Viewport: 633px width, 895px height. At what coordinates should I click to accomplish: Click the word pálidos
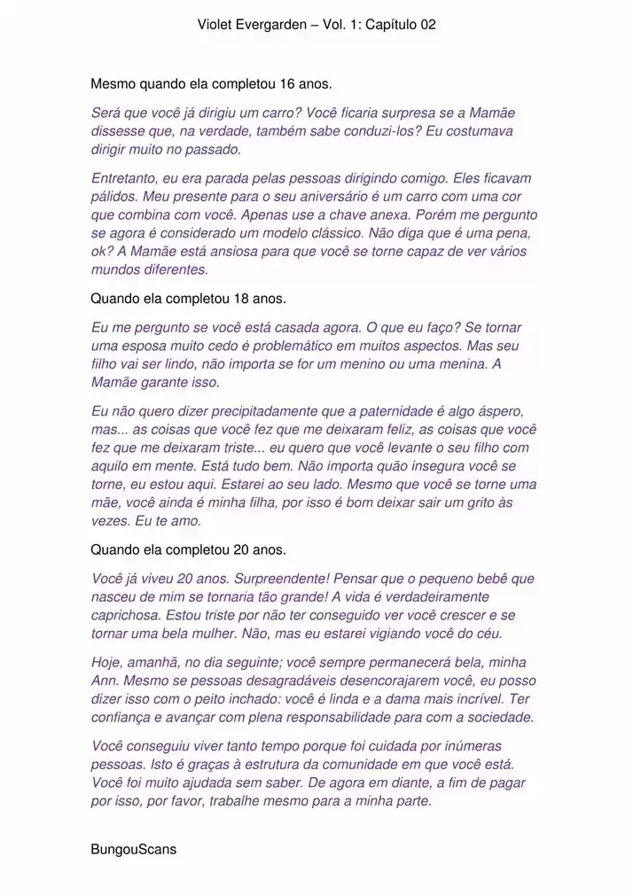[114, 196]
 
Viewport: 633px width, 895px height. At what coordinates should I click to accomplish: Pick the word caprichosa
[125, 616]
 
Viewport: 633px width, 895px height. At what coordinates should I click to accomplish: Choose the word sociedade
[503, 718]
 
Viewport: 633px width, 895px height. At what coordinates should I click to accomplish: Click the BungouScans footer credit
[133, 850]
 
